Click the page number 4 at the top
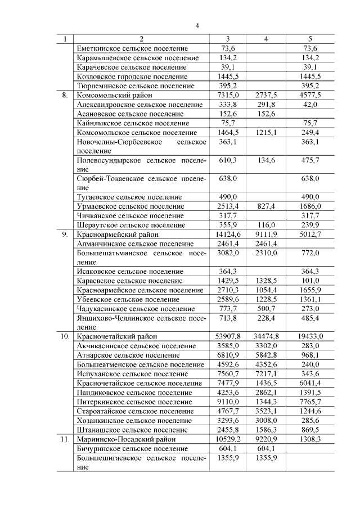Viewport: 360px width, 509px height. pyautogui.click(x=197, y=25)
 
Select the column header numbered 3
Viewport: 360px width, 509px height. pyautogui.click(x=227, y=39)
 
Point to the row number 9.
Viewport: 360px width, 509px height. pyautogui.click(x=65, y=234)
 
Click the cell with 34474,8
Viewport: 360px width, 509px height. pyautogui.click(x=266, y=336)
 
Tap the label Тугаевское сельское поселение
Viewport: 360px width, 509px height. pyautogui.click(x=129, y=197)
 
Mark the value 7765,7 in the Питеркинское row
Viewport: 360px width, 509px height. pyautogui.click(x=310, y=402)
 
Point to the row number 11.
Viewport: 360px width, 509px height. pyautogui.click(x=65, y=439)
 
